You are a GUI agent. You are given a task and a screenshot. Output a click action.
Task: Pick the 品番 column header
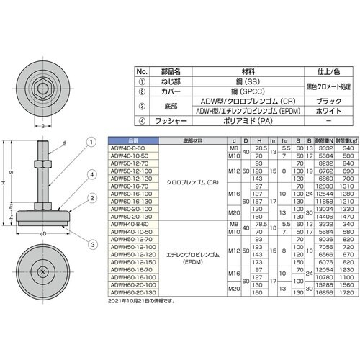pyautogui.click(x=130, y=139)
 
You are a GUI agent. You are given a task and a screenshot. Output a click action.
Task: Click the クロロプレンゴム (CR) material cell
pyautogui.click(x=195, y=182)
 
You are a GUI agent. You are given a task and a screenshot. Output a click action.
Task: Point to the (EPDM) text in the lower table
pyautogui.click(x=195, y=263)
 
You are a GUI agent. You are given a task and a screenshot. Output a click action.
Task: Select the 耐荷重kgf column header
pyautogui.click(x=341, y=139)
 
